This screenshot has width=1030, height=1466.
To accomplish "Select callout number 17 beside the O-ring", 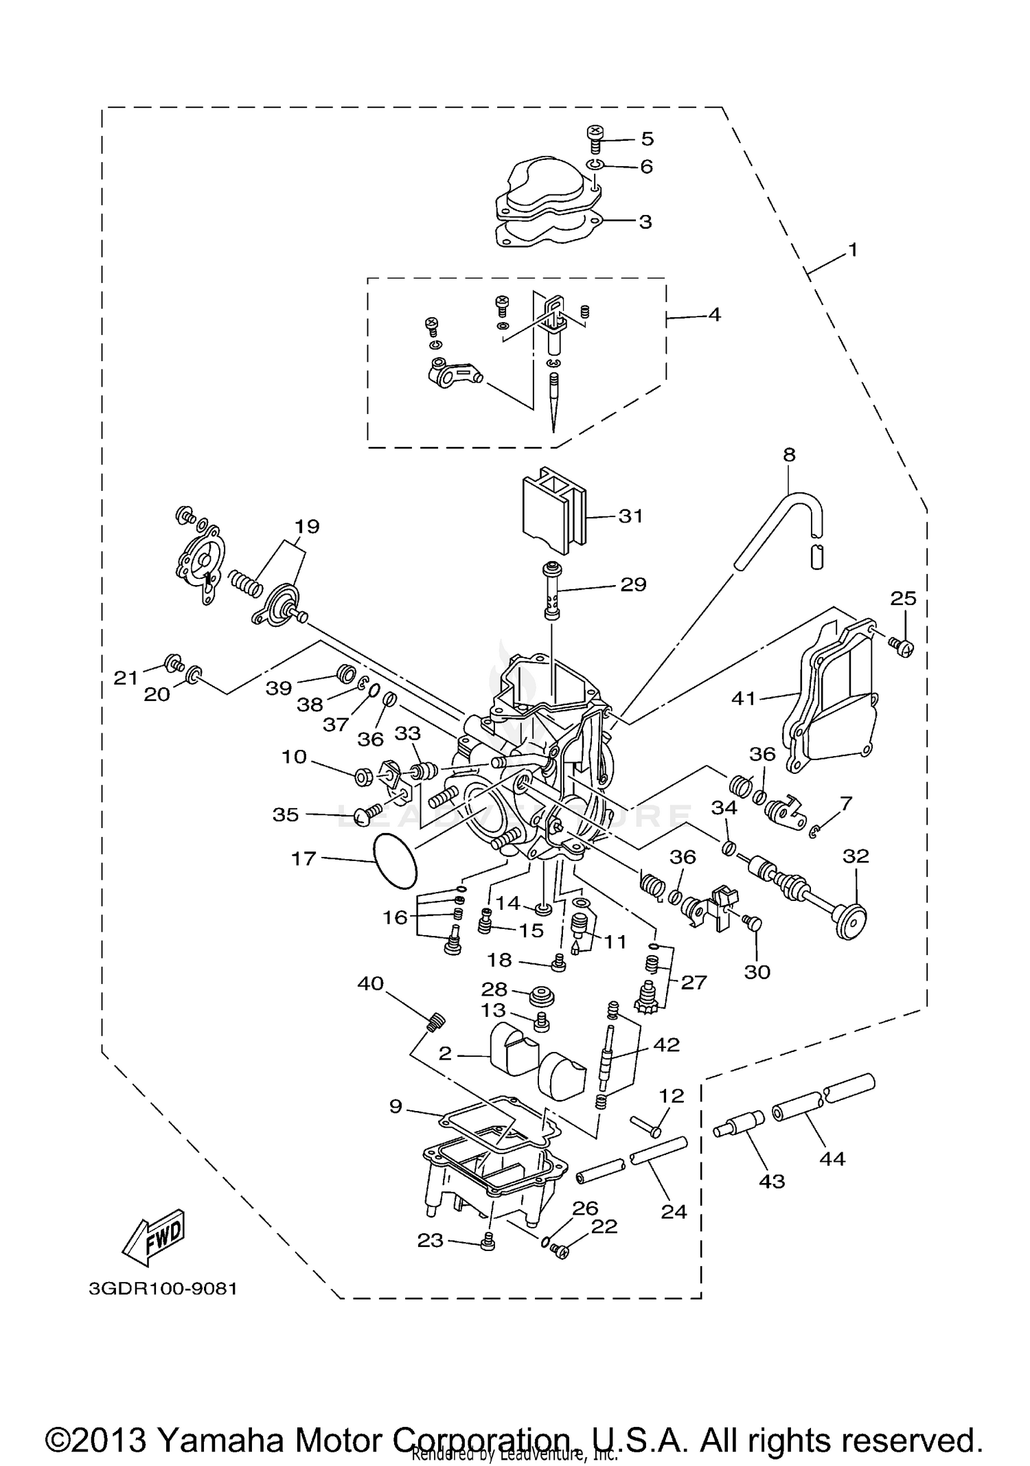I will pos(304,858).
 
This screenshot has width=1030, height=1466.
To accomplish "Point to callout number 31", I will pos(630,516).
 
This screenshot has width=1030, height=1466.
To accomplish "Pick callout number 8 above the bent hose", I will pos(789,455).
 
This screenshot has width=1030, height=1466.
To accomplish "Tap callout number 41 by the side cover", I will pos(744,699).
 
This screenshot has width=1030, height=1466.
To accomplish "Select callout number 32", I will pos(856,856).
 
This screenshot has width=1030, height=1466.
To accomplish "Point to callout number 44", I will pos(832,1159).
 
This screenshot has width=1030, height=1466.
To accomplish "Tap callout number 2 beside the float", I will pos(445,1053).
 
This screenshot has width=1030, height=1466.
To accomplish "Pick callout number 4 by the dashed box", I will pos(714,315).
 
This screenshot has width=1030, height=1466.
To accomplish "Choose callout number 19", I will pos(307,527).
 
